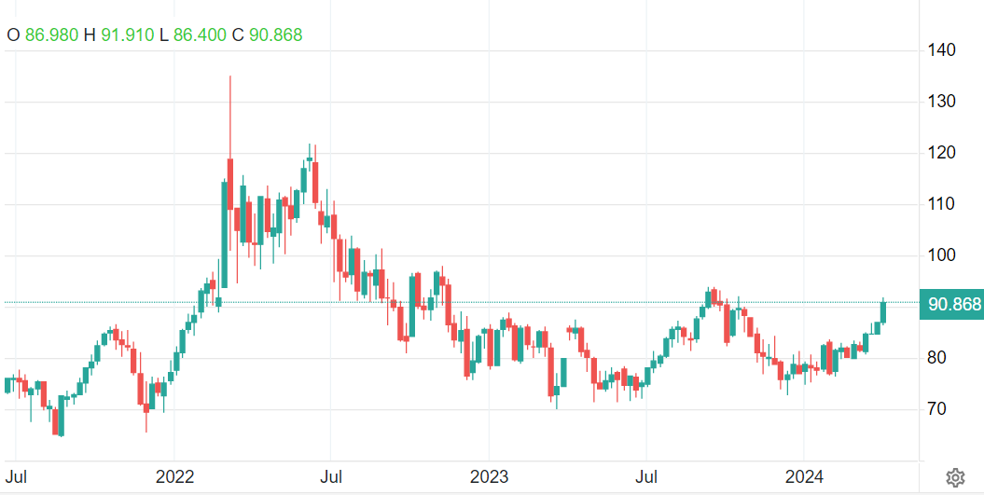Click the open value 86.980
51,34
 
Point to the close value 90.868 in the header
275,34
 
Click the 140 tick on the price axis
937,49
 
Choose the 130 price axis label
937,101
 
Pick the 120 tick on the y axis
937,152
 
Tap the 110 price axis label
937,203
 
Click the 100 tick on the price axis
937,255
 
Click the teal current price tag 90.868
950,305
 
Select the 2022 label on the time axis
174,477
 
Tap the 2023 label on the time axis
489,477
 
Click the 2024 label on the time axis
803,477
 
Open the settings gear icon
954,478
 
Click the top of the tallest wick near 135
229,76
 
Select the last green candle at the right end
882,310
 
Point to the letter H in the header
90,34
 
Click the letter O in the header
14,34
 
